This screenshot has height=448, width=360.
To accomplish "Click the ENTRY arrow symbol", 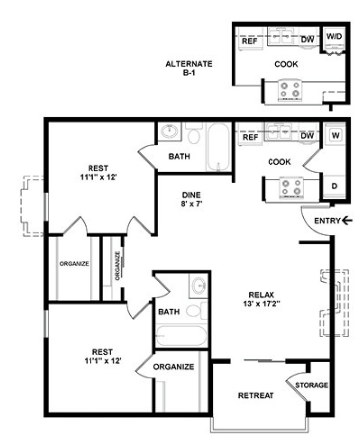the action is click(347, 220).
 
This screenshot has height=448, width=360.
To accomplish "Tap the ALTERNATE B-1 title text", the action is click(189, 68).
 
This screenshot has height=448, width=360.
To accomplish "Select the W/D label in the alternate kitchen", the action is click(334, 36).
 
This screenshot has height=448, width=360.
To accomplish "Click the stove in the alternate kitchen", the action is click(290, 89).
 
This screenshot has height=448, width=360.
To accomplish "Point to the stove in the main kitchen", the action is click(292, 187).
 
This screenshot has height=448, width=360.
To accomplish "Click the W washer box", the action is click(335, 135).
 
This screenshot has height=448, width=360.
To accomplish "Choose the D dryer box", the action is click(334, 186).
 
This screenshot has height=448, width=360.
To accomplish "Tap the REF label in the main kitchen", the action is click(250, 137).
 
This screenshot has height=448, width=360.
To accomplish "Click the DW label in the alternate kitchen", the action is click(308, 39).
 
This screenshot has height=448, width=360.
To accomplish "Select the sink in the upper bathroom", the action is click(170, 131).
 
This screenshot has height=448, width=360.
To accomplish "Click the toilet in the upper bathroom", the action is click(194, 134).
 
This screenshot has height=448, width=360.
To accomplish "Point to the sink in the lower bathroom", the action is click(198, 285).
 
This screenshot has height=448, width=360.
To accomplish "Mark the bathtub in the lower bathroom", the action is click(181, 336).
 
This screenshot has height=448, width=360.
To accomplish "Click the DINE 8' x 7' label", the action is click(191, 199).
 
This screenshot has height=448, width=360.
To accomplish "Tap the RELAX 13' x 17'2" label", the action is click(262, 299).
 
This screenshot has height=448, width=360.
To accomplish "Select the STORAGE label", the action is click(312, 385).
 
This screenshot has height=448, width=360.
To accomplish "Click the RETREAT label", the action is click(256, 395).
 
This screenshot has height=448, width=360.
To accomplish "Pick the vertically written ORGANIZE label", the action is click(117, 266).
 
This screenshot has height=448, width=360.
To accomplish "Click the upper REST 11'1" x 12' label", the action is click(98, 173).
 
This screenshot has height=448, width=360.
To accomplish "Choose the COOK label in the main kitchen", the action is click(279, 162).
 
